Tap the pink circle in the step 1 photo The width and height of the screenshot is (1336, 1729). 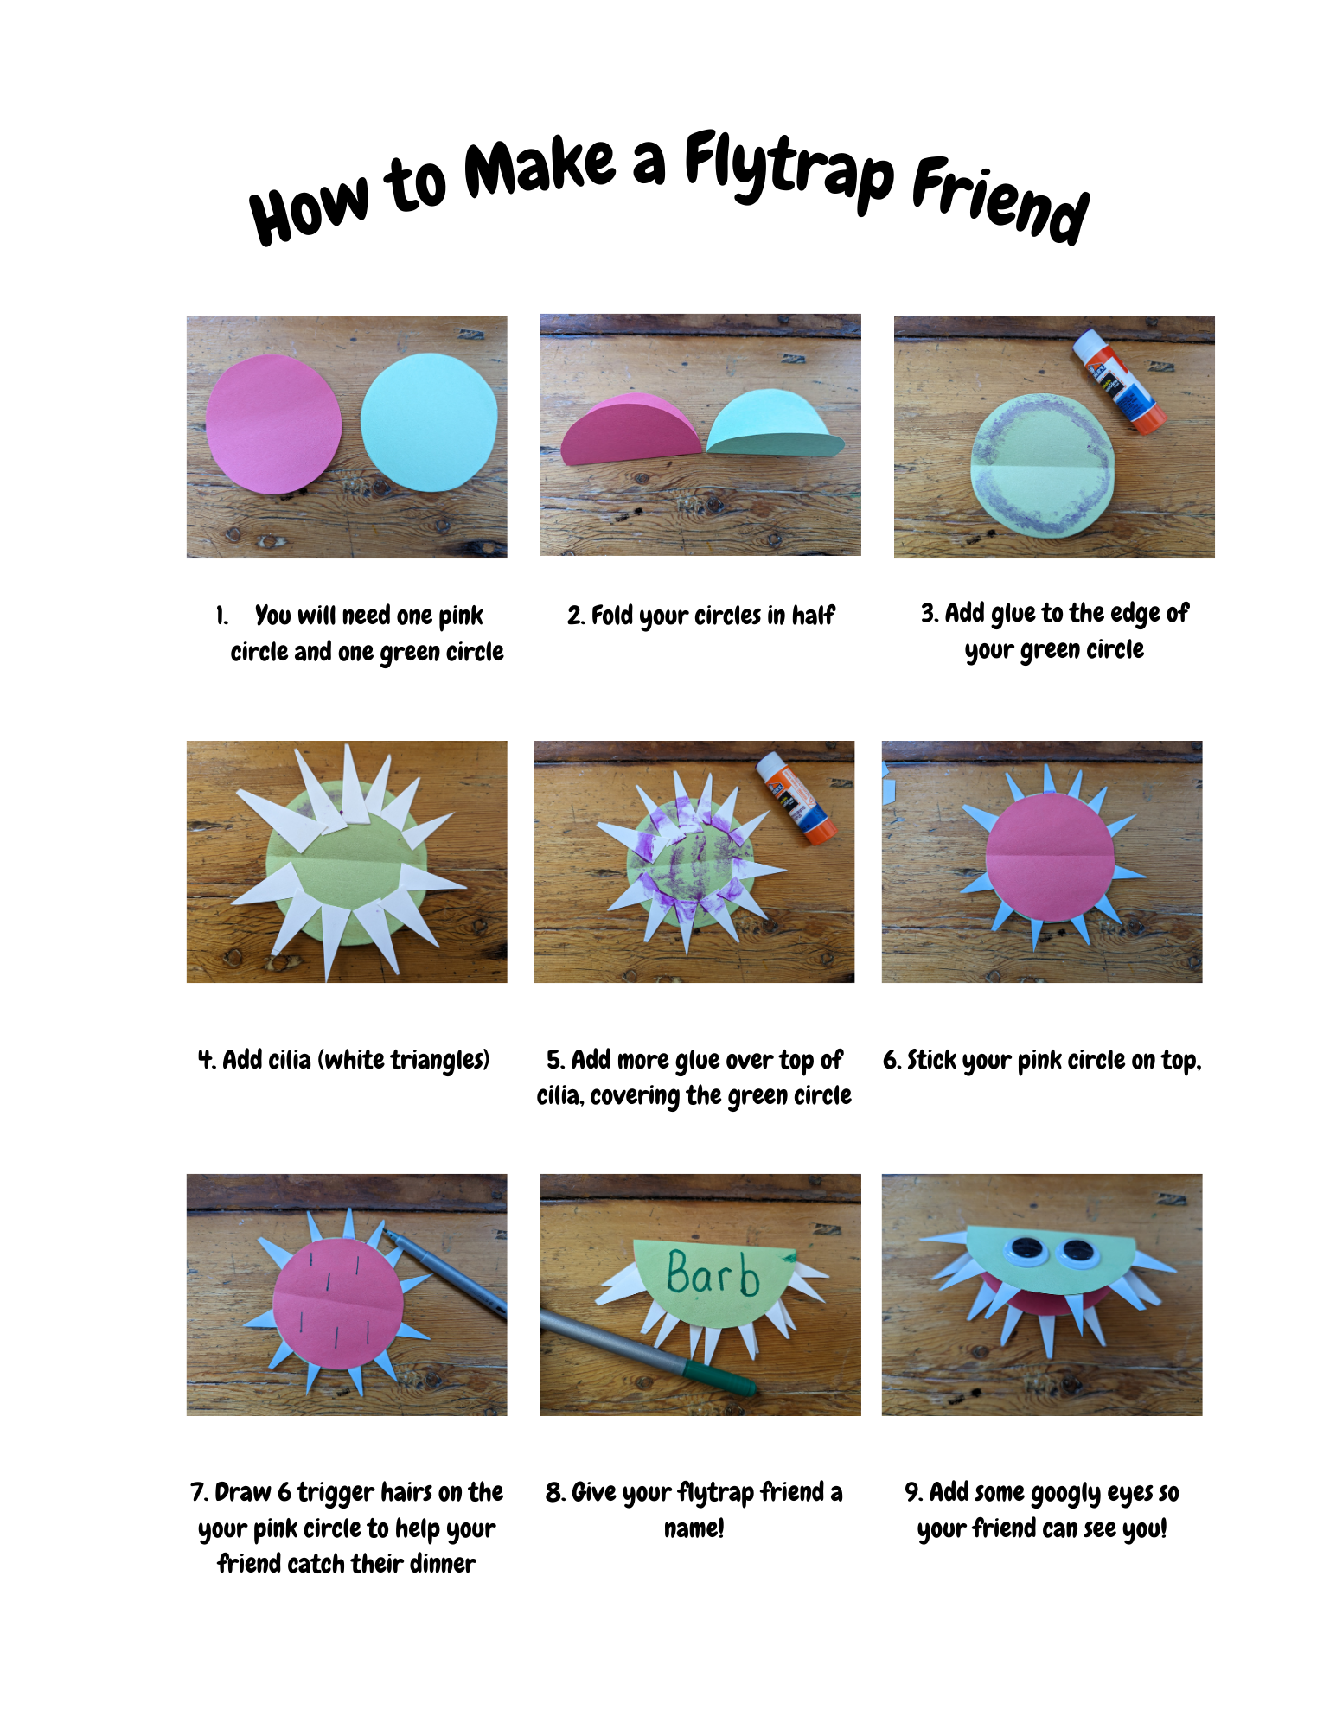pyautogui.click(x=273, y=424)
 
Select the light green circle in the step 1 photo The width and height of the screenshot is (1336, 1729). pyautogui.click(x=429, y=422)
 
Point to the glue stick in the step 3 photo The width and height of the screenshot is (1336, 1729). pyautogui.click(x=1118, y=380)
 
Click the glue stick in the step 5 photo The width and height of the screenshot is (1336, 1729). pyautogui.click(x=795, y=798)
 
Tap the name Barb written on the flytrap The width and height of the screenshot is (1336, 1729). pyautogui.click(x=713, y=1273)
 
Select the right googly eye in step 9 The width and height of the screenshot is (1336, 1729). pyautogui.click(x=1077, y=1252)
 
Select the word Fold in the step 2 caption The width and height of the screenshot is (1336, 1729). pyautogui.click(x=612, y=616)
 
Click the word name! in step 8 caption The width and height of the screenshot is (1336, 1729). pyautogui.click(x=694, y=1528)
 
